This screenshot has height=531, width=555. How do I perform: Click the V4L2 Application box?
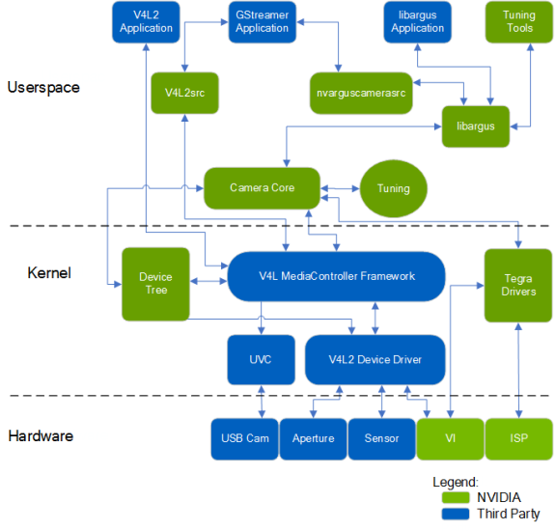[146, 22]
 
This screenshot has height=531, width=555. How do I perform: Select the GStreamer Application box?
[262, 22]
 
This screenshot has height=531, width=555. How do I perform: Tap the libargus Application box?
[417, 22]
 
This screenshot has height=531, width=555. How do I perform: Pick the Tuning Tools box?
[519, 22]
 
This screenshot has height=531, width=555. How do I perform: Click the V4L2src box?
[184, 93]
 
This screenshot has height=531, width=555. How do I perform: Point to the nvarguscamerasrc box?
[361, 93]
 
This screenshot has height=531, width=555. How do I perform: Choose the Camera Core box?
[262, 188]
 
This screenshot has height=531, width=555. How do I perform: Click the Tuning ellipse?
[393, 188]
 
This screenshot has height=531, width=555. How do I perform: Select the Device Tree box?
[155, 284]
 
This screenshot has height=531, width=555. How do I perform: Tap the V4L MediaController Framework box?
[336, 276]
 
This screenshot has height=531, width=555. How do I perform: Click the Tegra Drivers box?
[518, 286]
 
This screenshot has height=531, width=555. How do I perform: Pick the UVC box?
[261, 360]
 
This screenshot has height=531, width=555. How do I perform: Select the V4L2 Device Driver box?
[375, 360]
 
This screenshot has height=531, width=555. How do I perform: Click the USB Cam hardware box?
[244, 439]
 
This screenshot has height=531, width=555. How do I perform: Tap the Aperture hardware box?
[314, 439]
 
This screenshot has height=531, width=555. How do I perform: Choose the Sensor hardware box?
[381, 439]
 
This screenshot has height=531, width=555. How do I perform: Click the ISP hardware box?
[519, 439]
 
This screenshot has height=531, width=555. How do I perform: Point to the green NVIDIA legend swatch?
[456, 497]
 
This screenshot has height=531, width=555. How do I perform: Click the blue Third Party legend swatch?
[456, 514]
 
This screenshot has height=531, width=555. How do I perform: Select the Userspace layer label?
[43, 88]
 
